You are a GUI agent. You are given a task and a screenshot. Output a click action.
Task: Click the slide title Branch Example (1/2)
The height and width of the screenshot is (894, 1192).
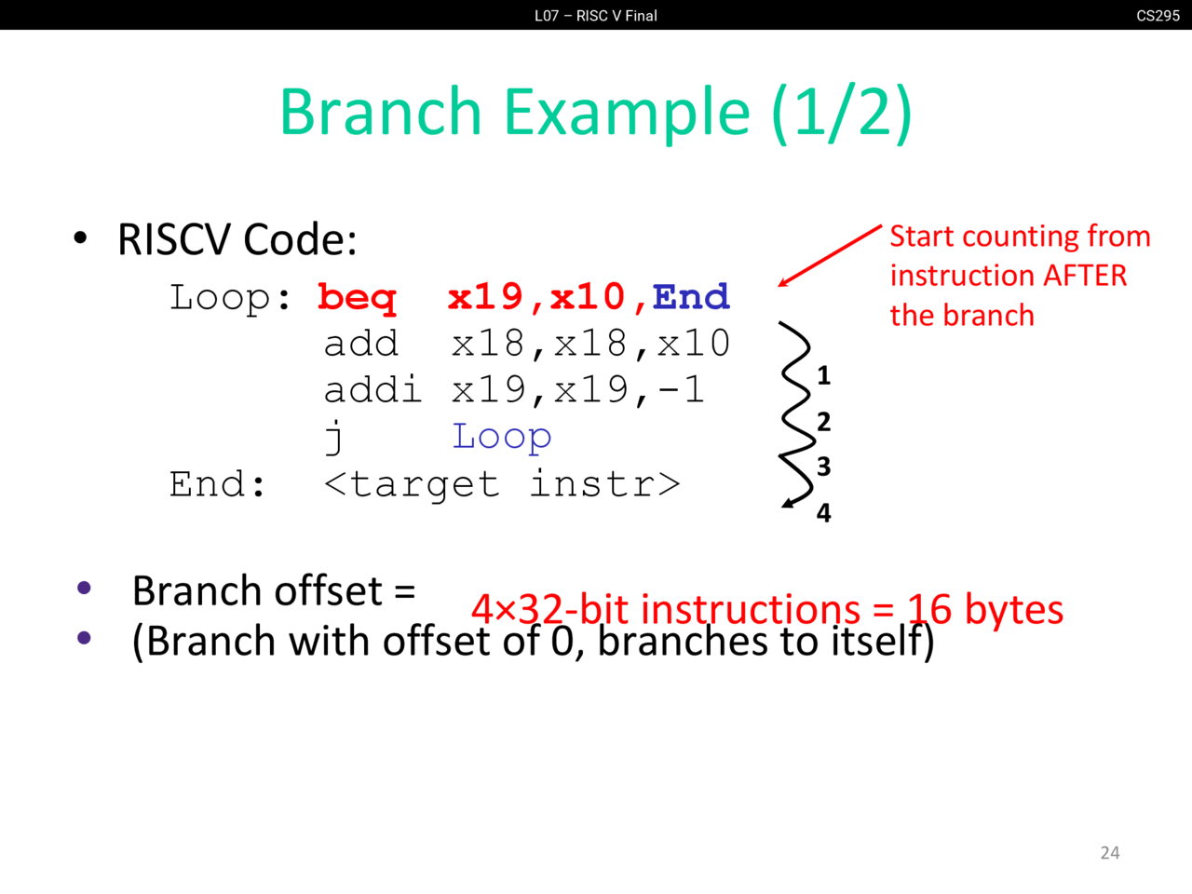595,112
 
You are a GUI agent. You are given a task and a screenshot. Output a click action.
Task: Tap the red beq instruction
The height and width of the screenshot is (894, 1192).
357,298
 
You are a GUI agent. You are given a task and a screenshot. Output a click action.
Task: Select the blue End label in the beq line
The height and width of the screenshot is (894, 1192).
691,297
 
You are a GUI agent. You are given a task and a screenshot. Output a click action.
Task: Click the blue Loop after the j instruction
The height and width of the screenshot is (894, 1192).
502,436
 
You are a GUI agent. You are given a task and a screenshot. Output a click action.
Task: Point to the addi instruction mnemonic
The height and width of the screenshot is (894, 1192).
372,389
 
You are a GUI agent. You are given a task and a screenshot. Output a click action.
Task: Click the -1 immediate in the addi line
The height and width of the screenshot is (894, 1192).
681,389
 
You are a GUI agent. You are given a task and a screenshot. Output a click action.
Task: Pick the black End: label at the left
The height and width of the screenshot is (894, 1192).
218,484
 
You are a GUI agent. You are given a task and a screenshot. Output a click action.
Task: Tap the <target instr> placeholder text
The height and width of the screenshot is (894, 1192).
502,484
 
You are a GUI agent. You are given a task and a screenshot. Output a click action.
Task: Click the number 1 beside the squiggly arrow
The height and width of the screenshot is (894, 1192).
823,375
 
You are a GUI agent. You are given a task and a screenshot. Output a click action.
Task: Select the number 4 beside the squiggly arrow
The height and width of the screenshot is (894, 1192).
823,512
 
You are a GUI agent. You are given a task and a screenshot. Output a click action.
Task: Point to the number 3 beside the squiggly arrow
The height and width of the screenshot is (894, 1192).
823,466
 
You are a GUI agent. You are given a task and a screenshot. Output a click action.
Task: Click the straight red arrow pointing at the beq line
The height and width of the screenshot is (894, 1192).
829,255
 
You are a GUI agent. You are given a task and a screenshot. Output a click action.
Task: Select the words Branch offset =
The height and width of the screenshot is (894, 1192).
273,590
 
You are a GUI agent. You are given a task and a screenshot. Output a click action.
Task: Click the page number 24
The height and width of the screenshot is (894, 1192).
1110,852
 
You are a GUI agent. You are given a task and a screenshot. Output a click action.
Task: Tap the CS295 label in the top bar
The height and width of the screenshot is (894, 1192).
1158,15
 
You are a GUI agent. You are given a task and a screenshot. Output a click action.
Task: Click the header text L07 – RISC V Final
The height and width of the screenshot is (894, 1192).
596,15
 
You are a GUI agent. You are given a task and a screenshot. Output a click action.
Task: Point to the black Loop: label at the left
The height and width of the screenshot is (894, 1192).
230,298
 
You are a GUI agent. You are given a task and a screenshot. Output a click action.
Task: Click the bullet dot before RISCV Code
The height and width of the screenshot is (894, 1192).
81,238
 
